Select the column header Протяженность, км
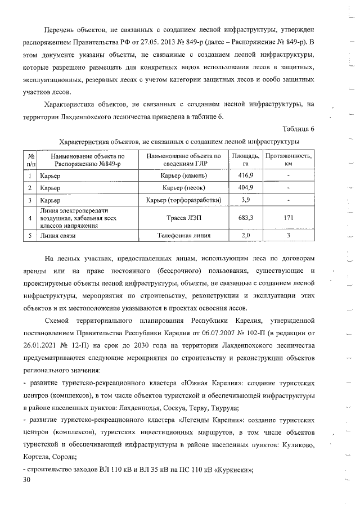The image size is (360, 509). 288,159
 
